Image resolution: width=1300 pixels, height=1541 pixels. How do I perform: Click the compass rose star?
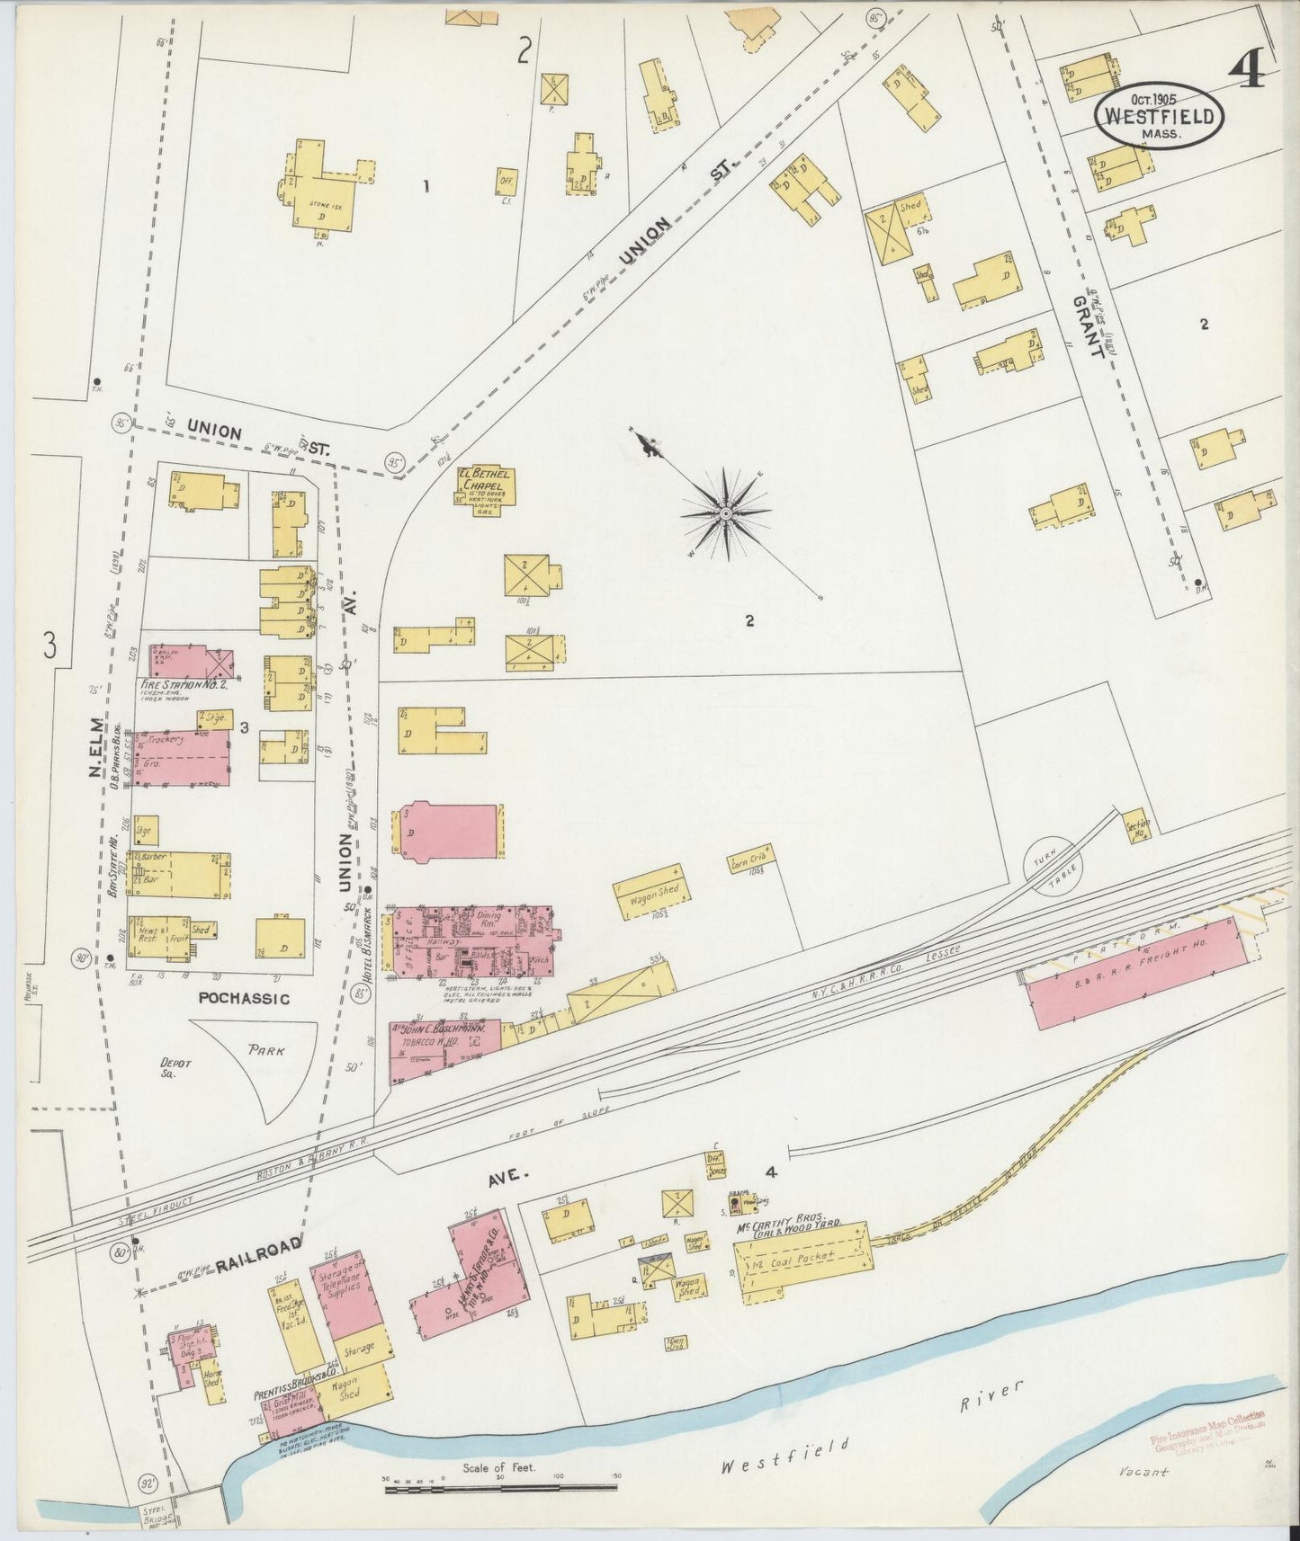(x=725, y=512)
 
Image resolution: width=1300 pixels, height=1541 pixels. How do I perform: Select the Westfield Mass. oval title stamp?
(x=1161, y=117)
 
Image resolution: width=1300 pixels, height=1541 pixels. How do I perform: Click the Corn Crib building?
(x=750, y=860)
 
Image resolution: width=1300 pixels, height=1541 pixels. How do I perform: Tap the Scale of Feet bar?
(x=499, y=1490)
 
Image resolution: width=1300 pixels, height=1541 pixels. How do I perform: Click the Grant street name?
(x=1089, y=328)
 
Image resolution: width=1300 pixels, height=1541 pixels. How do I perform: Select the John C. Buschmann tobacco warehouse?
(x=441, y=1049)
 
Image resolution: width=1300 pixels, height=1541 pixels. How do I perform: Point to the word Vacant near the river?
(x=1144, y=1472)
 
